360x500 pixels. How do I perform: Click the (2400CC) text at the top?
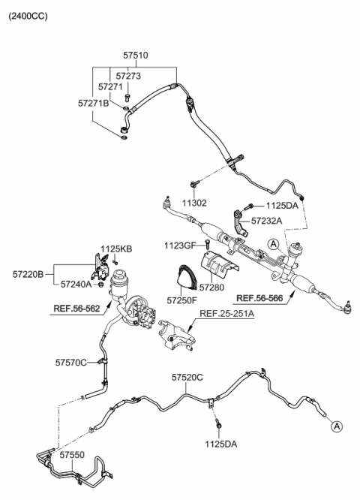(x=28, y=16)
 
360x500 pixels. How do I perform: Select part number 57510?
(x=136, y=55)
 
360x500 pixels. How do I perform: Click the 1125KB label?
(x=115, y=248)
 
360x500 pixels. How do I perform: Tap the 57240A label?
(x=77, y=285)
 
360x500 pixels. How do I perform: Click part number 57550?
(x=73, y=455)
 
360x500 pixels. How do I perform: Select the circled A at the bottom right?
(x=337, y=426)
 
